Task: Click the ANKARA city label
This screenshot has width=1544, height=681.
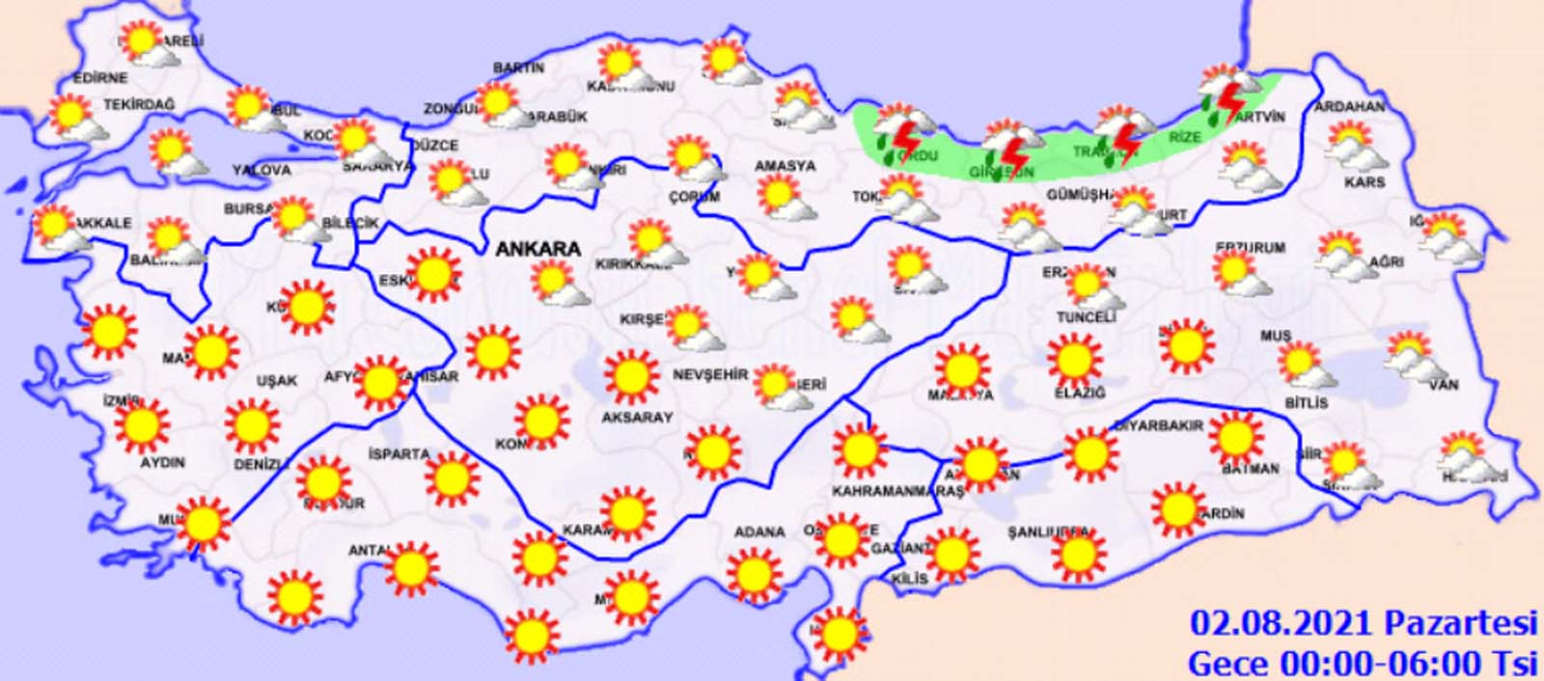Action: click(x=538, y=249)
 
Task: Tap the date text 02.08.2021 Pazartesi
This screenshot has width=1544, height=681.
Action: click(x=1362, y=623)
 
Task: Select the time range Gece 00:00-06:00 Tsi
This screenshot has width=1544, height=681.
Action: click(x=1362, y=663)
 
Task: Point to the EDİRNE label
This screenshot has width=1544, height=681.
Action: click(x=99, y=78)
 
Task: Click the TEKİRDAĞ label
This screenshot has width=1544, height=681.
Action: click(x=139, y=103)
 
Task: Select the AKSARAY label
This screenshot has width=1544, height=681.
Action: click(x=636, y=418)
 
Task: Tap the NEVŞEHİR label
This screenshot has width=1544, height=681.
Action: click(x=710, y=374)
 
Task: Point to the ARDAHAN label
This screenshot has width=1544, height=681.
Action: click(x=1349, y=106)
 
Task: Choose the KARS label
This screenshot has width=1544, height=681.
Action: click(x=1365, y=181)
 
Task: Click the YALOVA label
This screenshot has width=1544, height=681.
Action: click(x=261, y=170)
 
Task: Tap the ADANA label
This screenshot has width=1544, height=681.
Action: click(x=759, y=532)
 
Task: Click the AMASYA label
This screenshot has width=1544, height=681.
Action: click(x=785, y=166)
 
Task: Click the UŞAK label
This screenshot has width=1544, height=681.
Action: click(x=276, y=381)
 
